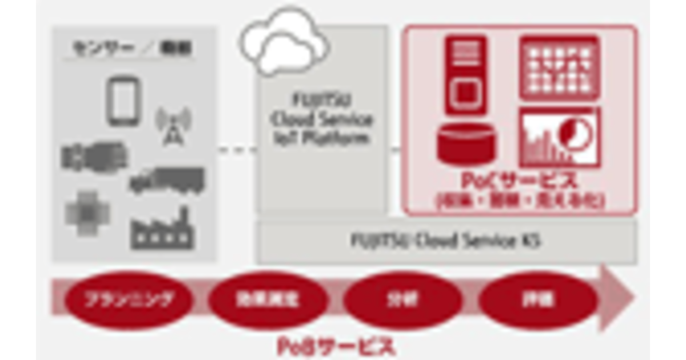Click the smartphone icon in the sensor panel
point(123,101)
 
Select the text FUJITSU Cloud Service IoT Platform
point(322,119)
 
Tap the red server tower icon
point(466,74)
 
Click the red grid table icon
point(559,67)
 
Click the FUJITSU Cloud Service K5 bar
point(446,242)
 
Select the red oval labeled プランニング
point(127,300)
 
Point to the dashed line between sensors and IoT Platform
point(237,150)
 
